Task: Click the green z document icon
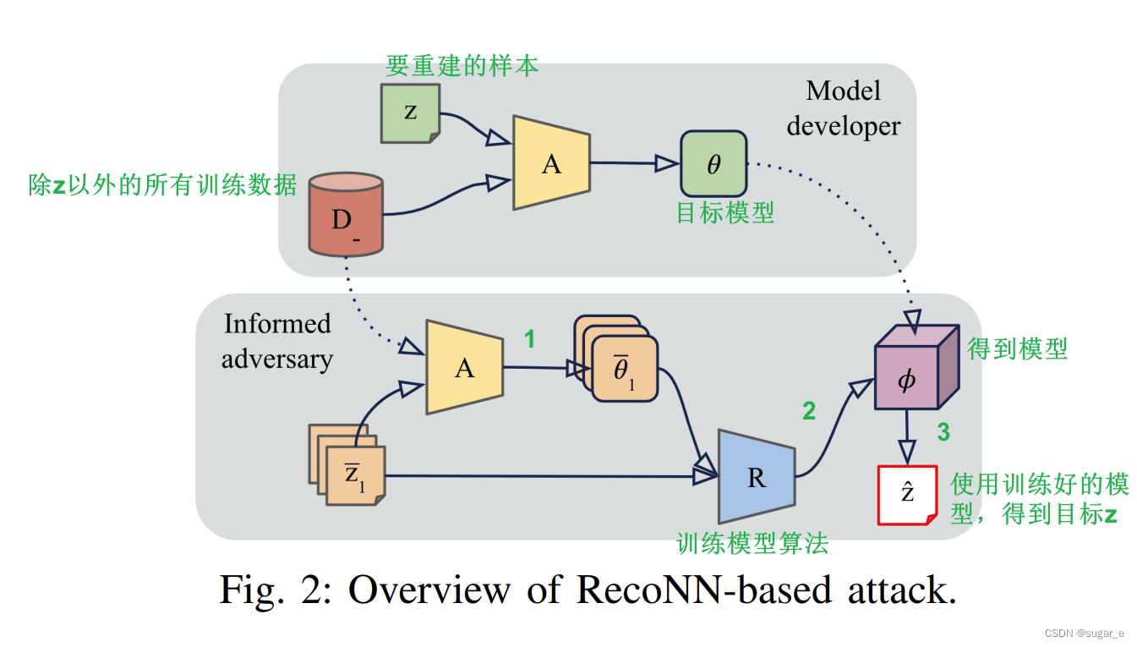410,112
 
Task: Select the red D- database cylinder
345,215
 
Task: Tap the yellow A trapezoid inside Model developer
551,162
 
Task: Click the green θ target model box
713,163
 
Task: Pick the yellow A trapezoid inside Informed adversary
464,367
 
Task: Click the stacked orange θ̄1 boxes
620,362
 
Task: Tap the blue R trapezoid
756,477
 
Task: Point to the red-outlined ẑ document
908,495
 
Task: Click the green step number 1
529,340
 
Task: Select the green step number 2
809,411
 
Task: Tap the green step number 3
943,432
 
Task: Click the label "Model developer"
843,108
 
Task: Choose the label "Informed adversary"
276,341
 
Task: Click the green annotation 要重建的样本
462,66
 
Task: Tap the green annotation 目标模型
724,212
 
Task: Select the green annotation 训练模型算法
752,543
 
